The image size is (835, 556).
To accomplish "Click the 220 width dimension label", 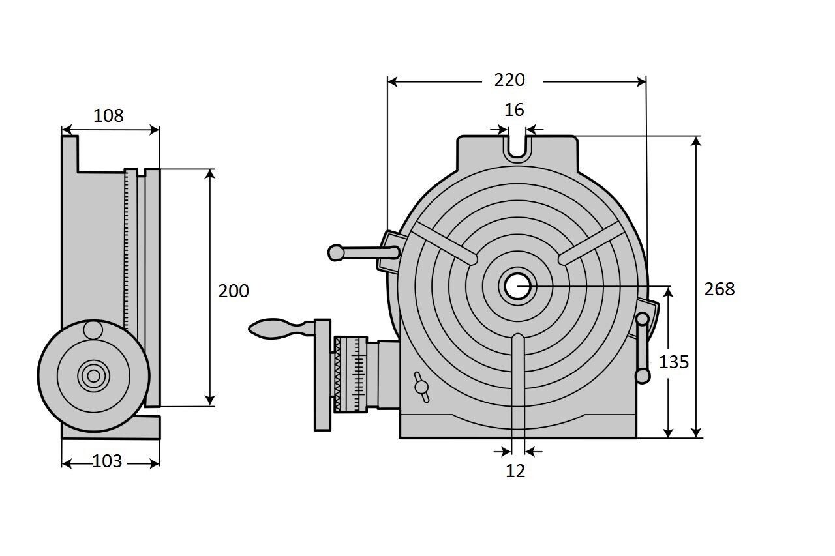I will coord(509,80).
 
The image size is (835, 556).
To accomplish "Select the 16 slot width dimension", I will coord(515,110).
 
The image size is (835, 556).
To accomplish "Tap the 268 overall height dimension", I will coord(719,289).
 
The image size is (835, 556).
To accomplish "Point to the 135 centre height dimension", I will coord(673,362).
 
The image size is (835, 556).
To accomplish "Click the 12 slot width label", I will coord(515,471).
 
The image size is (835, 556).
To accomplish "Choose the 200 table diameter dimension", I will coord(233,291).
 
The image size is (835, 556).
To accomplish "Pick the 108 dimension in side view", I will coord(108,116).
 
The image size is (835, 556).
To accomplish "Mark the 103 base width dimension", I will coord(107,461).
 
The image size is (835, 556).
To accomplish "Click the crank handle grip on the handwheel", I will coord(269,327).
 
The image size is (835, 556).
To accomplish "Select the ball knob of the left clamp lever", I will coord(336,252).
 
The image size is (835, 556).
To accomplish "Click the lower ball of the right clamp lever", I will coord(643,376).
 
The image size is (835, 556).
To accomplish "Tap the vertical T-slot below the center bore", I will coord(518,385).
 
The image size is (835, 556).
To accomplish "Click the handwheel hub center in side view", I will coord(93,375).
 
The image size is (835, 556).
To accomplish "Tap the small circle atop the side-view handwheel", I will coord(93,330).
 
